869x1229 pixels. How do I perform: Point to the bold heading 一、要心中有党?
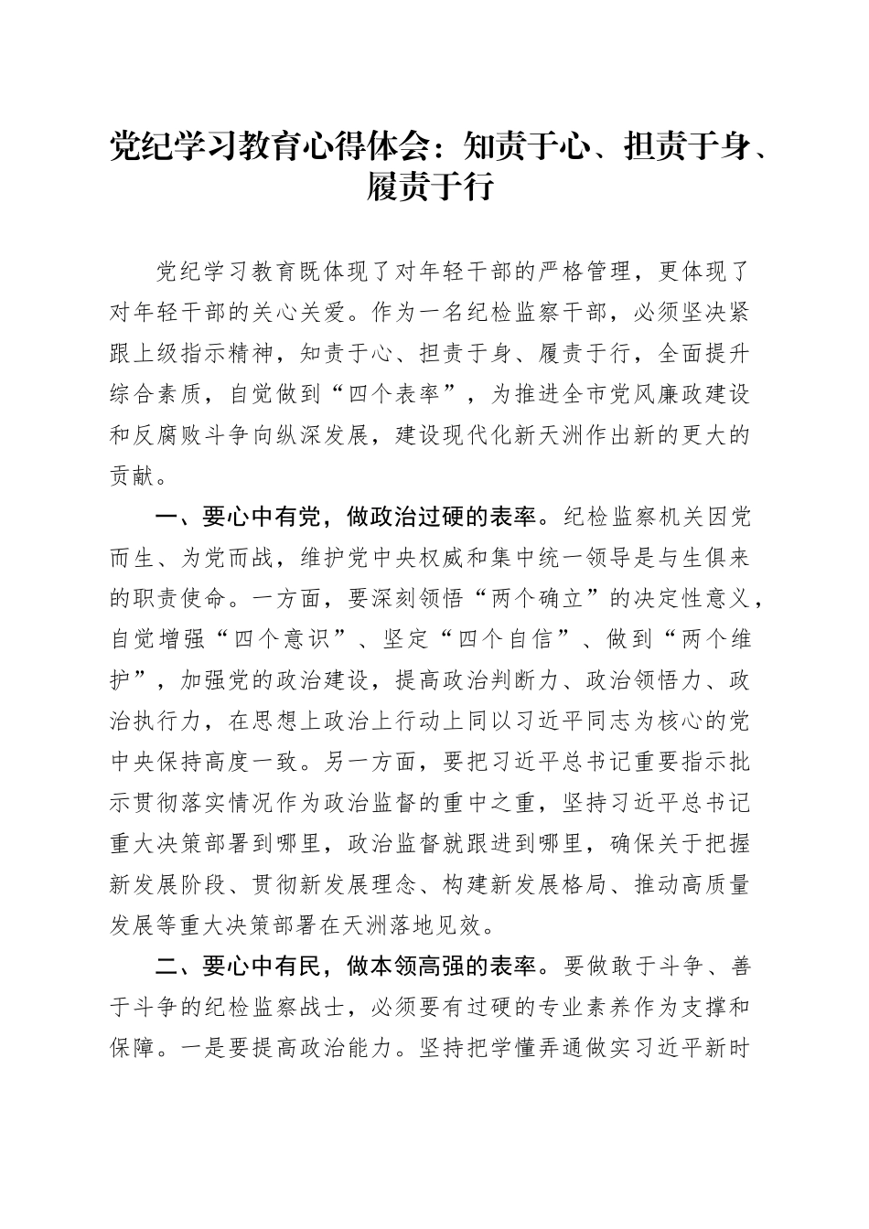[238, 516]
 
